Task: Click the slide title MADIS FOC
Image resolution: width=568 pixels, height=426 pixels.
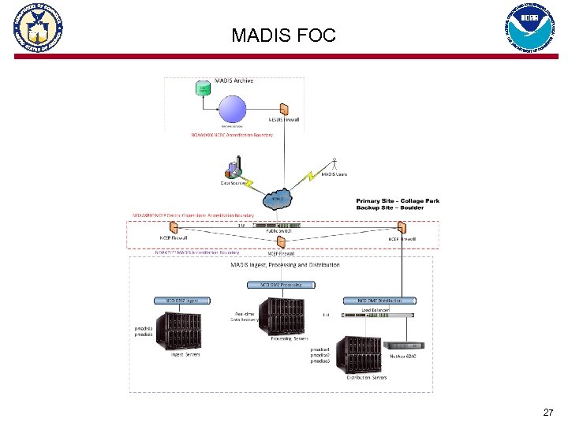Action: tap(283, 35)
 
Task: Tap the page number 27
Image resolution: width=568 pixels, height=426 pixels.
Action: tap(548, 413)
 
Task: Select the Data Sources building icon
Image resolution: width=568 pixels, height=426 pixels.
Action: tap(234, 170)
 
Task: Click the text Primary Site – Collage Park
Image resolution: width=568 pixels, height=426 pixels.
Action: tap(398, 200)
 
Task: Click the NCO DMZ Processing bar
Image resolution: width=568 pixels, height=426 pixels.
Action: tap(276, 284)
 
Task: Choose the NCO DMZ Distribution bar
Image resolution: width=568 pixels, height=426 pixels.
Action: tap(380, 301)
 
